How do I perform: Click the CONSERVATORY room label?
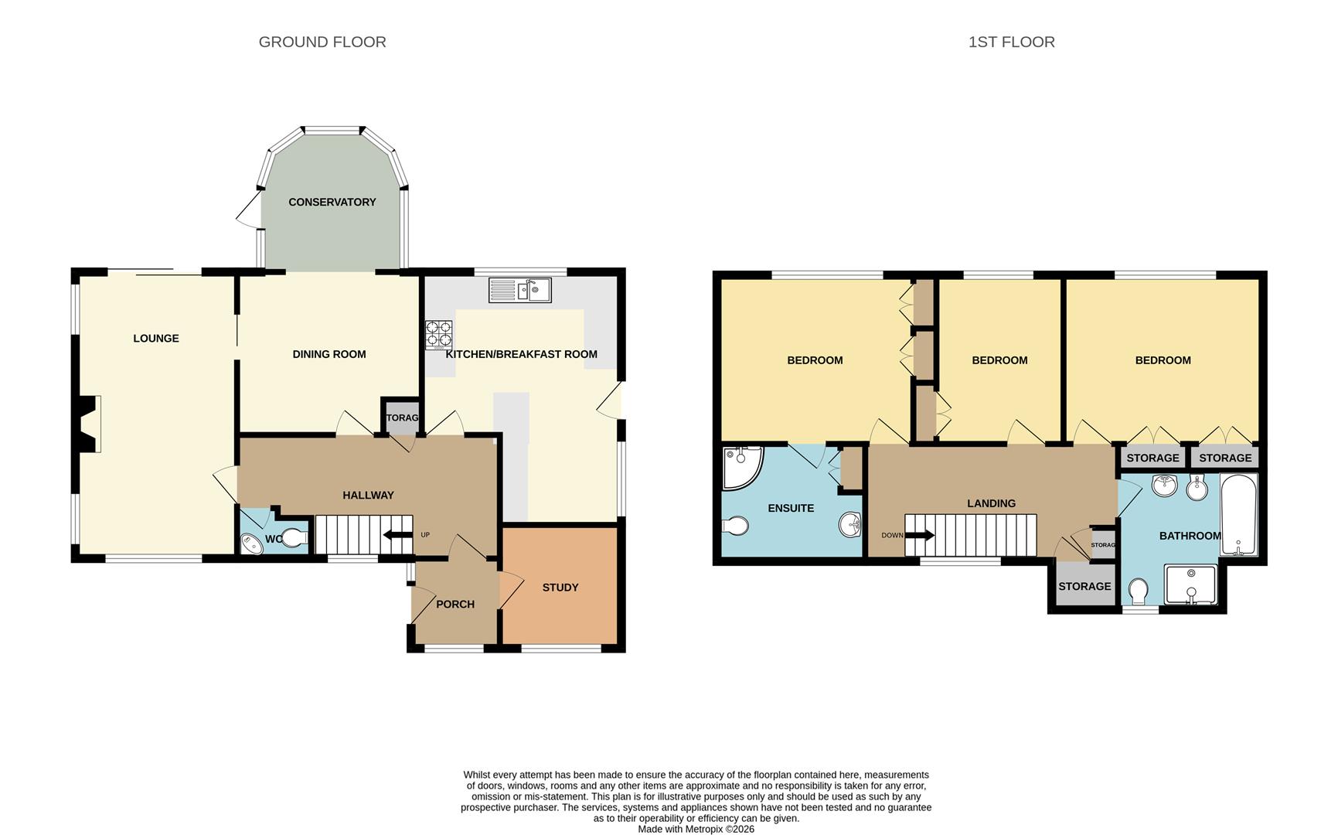pyautogui.click(x=332, y=202)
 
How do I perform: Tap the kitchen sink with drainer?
pyautogui.click(x=519, y=290)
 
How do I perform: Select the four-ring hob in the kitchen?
pyautogui.click(x=438, y=335)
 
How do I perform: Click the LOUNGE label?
pyautogui.click(x=156, y=338)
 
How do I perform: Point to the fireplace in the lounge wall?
pyautogui.click(x=89, y=424)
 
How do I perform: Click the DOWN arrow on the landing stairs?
pyautogui.click(x=919, y=535)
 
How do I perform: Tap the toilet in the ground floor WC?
pyautogui.click(x=294, y=537)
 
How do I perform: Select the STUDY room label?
pyautogui.click(x=560, y=588)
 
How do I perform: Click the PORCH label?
pyautogui.click(x=455, y=604)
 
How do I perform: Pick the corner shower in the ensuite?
pyautogui.click(x=740, y=466)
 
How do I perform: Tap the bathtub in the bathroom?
pyautogui.click(x=1238, y=514)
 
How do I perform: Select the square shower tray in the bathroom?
pyautogui.click(x=1190, y=585)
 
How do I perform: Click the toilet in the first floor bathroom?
pyautogui.click(x=1138, y=591)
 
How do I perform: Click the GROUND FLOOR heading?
pyautogui.click(x=322, y=42)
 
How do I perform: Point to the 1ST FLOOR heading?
pyautogui.click(x=1011, y=42)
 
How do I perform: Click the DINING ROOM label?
pyautogui.click(x=329, y=354)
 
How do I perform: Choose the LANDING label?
pyautogui.click(x=991, y=503)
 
